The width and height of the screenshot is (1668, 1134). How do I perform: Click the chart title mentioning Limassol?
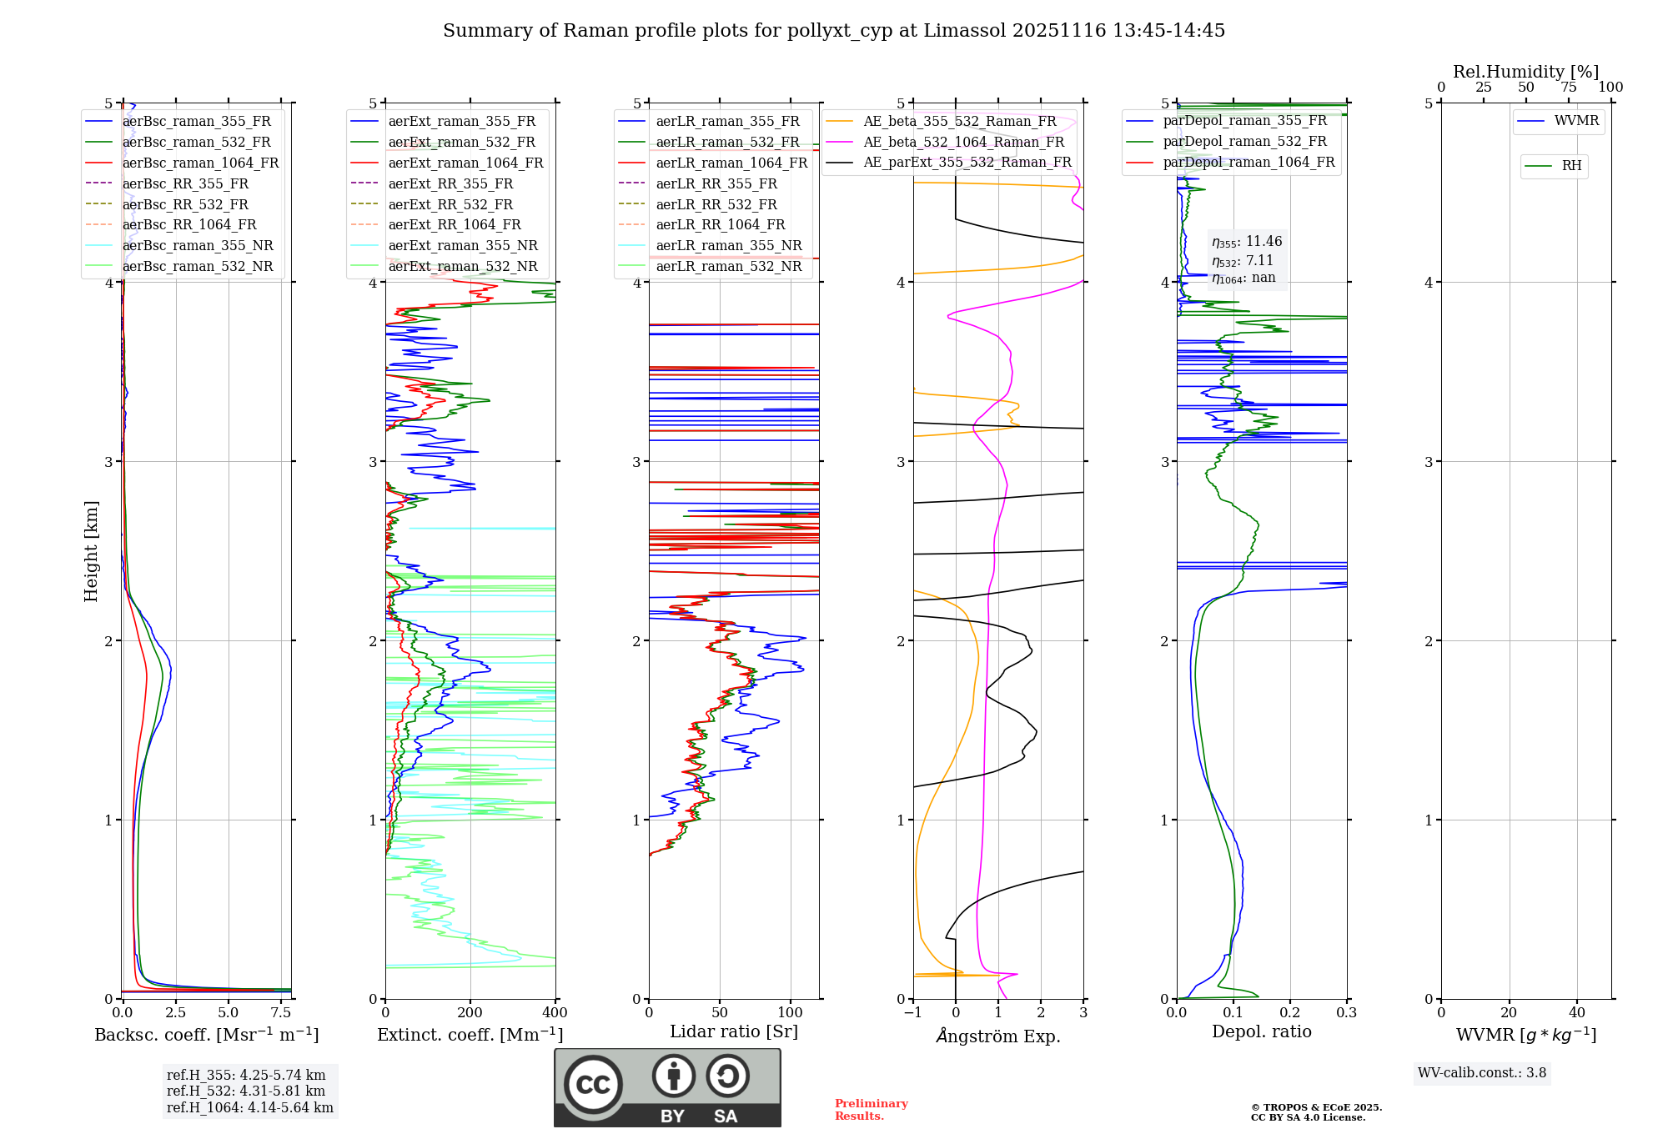pyautogui.click(x=834, y=31)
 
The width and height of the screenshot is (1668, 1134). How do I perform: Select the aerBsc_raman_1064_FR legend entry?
pyautogui.click(x=200, y=163)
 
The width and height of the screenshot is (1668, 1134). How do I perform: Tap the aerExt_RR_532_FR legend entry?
pyautogui.click(x=450, y=204)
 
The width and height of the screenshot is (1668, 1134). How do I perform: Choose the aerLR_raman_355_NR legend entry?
pyautogui.click(x=728, y=245)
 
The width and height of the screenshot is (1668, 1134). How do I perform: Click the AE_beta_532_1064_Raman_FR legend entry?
pyautogui.click(x=963, y=142)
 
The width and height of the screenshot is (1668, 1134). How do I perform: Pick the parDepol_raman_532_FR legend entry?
pyautogui.click(x=1244, y=142)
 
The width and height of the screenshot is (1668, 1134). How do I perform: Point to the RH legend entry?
pyautogui.click(x=1571, y=166)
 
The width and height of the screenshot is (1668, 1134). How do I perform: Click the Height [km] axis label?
pyautogui.click(x=91, y=551)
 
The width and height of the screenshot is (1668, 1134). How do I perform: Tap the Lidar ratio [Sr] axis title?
pyautogui.click(x=734, y=1031)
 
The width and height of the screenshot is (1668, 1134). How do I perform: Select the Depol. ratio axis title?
pyautogui.click(x=1261, y=1031)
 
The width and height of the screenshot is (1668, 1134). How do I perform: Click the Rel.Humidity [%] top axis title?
pyautogui.click(x=1525, y=72)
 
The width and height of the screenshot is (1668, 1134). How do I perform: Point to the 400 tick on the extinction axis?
pyautogui.click(x=555, y=1013)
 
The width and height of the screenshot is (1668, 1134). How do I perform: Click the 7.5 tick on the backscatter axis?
pyautogui.click(x=281, y=1013)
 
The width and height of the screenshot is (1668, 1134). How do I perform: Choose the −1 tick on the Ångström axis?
pyautogui.click(x=912, y=1013)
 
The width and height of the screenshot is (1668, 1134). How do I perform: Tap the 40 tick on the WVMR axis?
pyautogui.click(x=1576, y=1013)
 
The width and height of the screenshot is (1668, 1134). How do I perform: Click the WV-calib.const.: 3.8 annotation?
pyautogui.click(x=1482, y=1073)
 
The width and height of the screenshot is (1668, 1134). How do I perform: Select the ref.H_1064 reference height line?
pyautogui.click(x=249, y=1107)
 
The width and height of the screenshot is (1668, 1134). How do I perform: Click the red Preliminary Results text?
pyautogui.click(x=871, y=1110)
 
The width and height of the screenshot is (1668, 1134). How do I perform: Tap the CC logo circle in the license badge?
pyautogui.click(x=593, y=1085)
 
